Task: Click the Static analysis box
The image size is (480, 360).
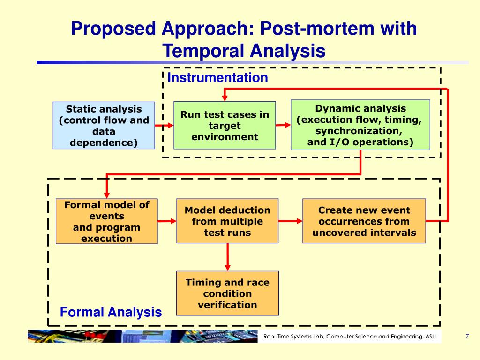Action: (104, 126)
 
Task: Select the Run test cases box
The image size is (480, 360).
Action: (225, 126)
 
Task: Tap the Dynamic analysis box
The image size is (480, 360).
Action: (360, 125)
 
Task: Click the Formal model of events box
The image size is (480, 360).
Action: (106, 221)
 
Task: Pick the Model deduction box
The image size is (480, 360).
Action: (227, 221)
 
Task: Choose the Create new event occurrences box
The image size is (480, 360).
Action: (364, 221)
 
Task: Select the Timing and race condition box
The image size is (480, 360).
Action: (227, 293)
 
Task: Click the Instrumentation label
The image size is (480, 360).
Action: (217, 78)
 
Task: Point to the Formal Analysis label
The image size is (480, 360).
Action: (111, 312)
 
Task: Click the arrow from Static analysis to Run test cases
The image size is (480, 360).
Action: (164, 126)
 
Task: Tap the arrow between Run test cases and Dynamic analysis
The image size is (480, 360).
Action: (283, 125)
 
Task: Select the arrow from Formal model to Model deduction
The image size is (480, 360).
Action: (167, 221)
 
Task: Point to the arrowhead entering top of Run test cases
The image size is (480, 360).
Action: (225, 97)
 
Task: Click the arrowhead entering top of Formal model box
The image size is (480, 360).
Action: (107, 195)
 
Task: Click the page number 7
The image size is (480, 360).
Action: (467, 336)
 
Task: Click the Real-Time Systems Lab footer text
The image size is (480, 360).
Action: (349, 336)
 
